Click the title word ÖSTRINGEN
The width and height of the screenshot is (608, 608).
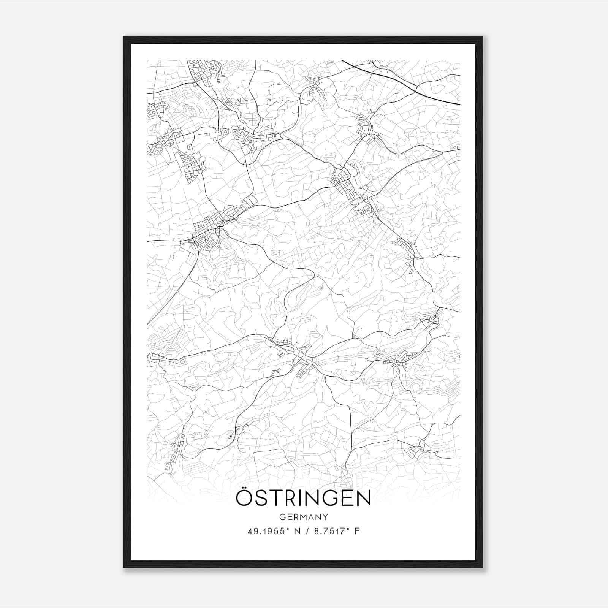(303, 498)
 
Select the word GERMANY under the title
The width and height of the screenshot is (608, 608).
(303, 517)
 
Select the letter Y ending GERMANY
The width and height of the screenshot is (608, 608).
(325, 517)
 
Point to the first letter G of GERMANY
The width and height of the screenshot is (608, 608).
(282, 517)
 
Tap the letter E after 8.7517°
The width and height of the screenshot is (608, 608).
(357, 531)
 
